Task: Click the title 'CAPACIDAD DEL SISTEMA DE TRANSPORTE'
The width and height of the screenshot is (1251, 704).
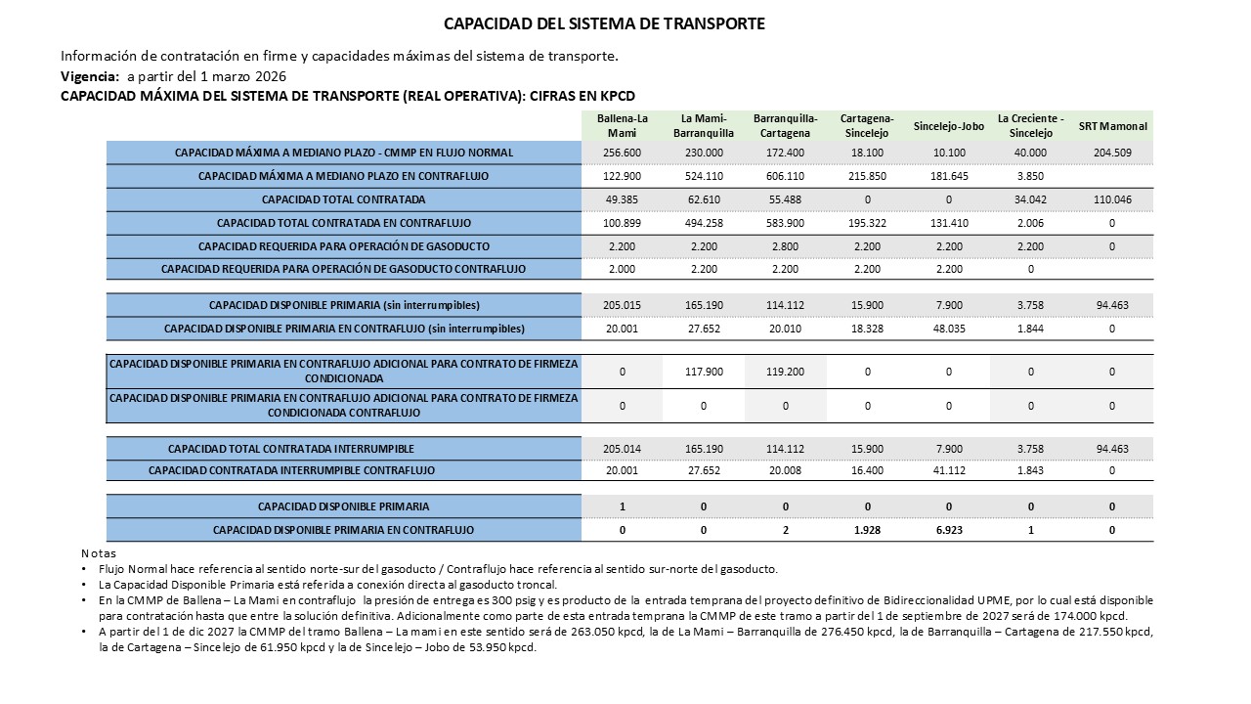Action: pyautogui.click(x=604, y=23)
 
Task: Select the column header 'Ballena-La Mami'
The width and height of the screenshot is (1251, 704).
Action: pyautogui.click(x=622, y=125)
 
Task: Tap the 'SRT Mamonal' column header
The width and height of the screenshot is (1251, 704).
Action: pyautogui.click(x=1112, y=126)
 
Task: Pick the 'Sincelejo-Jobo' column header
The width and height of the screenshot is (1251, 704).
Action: pyautogui.click(x=948, y=126)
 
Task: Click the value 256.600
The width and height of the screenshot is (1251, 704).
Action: pyautogui.click(x=622, y=153)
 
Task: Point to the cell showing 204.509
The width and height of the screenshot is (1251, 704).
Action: pyautogui.click(x=1112, y=153)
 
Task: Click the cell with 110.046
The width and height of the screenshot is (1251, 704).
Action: pyautogui.click(x=1112, y=199)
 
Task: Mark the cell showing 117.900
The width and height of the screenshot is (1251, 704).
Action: pyautogui.click(x=704, y=372)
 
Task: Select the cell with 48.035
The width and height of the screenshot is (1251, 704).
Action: pyautogui.click(x=948, y=329)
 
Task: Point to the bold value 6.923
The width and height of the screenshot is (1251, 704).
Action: pyautogui.click(x=948, y=530)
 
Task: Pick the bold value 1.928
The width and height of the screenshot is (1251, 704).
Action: pyautogui.click(x=867, y=530)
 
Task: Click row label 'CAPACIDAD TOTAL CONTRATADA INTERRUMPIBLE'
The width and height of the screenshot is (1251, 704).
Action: pyautogui.click(x=291, y=449)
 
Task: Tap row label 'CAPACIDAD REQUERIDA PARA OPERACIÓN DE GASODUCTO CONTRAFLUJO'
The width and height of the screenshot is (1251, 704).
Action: pyautogui.click(x=343, y=269)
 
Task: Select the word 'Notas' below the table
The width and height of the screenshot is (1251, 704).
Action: pyautogui.click(x=98, y=553)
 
